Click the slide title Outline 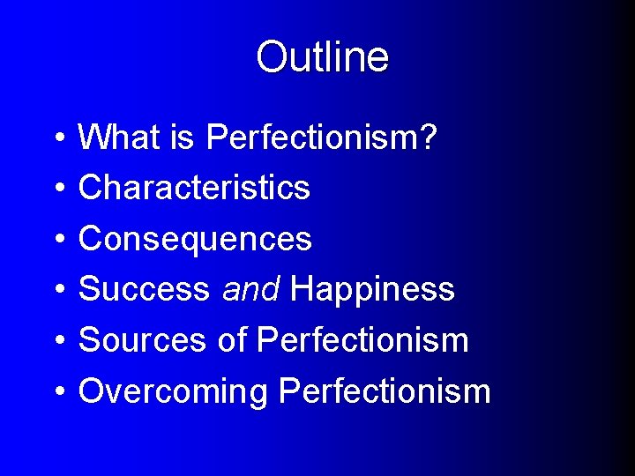coord(322,57)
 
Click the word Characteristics coord(194,187)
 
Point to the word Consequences coord(195,238)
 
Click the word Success coord(145,289)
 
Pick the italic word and coord(250,289)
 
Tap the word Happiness coord(372,289)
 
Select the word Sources coord(142,339)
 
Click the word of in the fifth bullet coord(231,339)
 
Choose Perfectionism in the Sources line coord(362,339)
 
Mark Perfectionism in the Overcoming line coord(385,390)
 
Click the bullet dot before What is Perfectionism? coord(56,138)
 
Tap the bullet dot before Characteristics coord(56,189)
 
